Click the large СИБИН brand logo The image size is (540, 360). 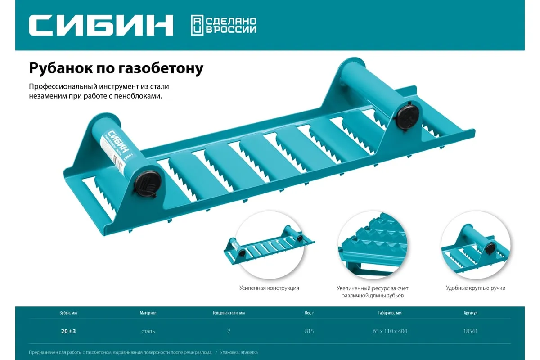[101, 25]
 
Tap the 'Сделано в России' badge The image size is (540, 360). [224, 25]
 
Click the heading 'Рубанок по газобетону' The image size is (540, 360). [116, 68]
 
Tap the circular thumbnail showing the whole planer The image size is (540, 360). [269, 246]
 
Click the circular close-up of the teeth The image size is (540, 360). [372, 246]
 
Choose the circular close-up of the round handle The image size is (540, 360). [476, 246]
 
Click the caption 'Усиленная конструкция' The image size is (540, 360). [269, 288]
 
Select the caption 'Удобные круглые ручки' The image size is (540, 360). [476, 288]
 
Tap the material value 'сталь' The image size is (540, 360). [148, 331]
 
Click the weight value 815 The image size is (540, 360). [309, 331]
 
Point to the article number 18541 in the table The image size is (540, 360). [470, 331]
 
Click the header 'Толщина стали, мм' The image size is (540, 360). [229, 312]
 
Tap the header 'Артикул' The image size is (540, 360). [470, 312]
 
